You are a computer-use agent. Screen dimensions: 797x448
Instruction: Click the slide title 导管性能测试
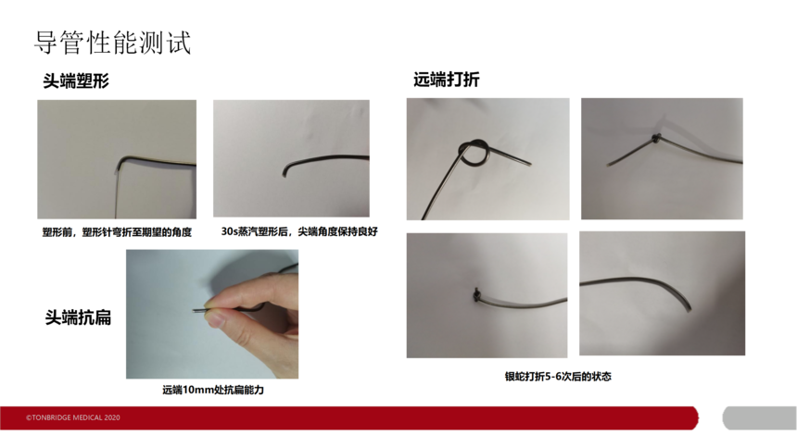112,43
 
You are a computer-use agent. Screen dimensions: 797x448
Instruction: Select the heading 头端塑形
76,81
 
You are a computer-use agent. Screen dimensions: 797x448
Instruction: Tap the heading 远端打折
446,80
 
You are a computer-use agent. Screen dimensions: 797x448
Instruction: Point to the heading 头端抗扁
78,317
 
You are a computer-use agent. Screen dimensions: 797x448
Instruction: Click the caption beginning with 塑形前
117,232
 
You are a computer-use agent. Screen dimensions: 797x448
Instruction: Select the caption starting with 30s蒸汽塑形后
298,231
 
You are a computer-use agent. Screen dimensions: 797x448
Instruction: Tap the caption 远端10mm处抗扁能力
213,390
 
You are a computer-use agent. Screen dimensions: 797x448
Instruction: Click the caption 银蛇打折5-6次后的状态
558,377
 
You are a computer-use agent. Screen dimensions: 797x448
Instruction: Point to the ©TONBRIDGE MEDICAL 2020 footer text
73,417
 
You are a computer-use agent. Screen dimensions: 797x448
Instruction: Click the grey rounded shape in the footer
759,418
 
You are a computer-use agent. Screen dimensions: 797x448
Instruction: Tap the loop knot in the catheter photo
474,153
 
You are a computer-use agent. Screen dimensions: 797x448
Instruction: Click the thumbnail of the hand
212,314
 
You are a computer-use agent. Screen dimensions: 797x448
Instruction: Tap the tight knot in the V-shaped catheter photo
656,137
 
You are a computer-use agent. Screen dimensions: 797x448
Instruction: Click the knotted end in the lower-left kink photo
476,294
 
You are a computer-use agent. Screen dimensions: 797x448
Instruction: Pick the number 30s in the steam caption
230,231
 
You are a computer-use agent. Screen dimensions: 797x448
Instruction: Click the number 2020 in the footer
112,417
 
